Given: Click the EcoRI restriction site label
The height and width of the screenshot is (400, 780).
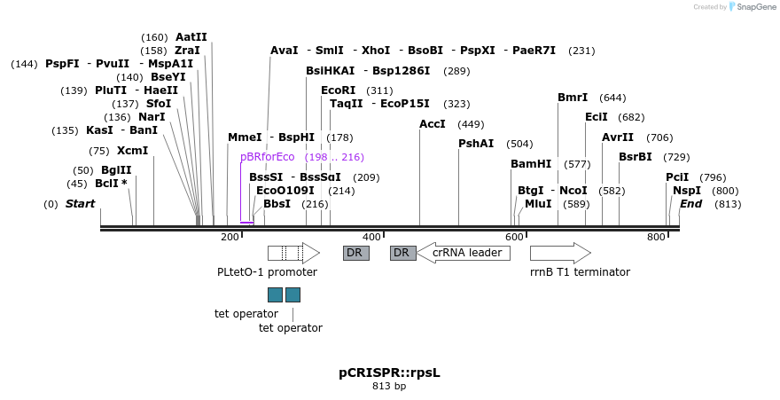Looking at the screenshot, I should tap(338, 90).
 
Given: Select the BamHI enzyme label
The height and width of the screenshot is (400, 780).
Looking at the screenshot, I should tap(531, 164).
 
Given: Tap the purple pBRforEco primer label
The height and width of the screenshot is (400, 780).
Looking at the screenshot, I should tap(267, 157).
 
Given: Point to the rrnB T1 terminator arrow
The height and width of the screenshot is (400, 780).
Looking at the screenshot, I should tap(559, 253).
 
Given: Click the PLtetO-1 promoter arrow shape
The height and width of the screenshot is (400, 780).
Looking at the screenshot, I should tap(293, 253).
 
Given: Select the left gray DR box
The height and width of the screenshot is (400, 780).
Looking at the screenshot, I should tap(355, 253).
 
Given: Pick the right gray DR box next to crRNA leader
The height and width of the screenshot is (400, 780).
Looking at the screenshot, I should tap(402, 253).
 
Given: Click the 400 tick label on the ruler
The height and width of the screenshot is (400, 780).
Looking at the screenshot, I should tap(371, 237).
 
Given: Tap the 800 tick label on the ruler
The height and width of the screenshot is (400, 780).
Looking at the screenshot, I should tap(656, 237).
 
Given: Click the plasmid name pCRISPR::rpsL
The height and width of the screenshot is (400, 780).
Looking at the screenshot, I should tap(389, 373).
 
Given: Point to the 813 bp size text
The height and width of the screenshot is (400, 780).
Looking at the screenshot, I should tap(389, 387).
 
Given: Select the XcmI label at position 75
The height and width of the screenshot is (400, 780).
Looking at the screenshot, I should tap(132, 151).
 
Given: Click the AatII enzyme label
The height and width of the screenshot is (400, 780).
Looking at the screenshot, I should tap(191, 37).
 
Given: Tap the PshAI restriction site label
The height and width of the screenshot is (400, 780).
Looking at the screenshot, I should tap(476, 144).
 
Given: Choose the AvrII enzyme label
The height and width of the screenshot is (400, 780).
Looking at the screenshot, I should tap(618, 137).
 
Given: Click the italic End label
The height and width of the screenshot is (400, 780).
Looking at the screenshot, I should tap(690, 204).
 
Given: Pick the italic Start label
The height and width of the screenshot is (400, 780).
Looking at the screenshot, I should tap(80, 204).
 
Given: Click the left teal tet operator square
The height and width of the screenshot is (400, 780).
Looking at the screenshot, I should tap(275, 294).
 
